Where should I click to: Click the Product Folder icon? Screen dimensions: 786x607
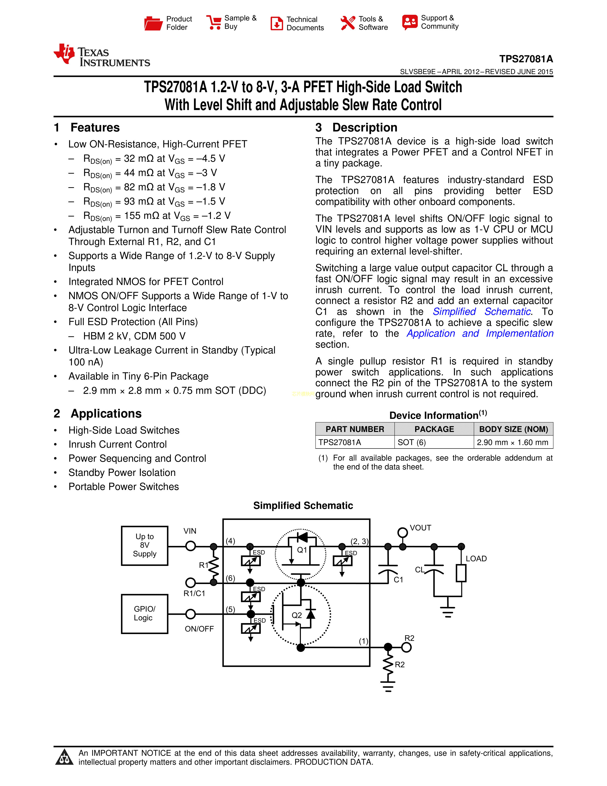tap(153, 23)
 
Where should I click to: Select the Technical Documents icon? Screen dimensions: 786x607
tap(277, 23)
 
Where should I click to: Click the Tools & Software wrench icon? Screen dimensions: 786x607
tap(347, 23)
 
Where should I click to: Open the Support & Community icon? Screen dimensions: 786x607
tap(410, 22)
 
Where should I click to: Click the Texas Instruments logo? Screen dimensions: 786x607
tap(102, 55)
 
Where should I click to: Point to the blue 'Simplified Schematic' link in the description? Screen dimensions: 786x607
tap(482, 312)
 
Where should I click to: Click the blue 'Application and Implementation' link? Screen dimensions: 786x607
tap(480, 334)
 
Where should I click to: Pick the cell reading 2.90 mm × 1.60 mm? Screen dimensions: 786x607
tap(512, 442)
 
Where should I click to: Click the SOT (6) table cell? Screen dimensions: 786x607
tap(412, 442)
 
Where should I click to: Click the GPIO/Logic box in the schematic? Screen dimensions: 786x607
tap(144, 614)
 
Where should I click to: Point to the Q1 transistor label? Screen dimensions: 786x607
tap(302, 550)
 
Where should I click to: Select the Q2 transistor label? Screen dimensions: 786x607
tap(297, 615)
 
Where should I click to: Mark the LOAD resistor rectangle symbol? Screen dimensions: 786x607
tap(461, 573)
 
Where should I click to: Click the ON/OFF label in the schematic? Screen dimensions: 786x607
tap(199, 629)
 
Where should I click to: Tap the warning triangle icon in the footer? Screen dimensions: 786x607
tap(64, 757)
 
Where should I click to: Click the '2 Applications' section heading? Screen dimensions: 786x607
tap(98, 413)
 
